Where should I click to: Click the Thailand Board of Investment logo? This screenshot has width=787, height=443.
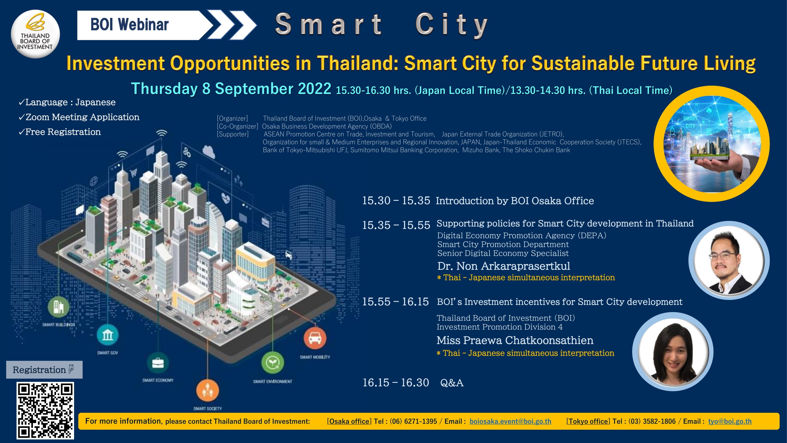click(35, 34)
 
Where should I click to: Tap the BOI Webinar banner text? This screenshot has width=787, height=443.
click(130, 25)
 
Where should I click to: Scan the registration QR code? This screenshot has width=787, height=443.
click(45, 410)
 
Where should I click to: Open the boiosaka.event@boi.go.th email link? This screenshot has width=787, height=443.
click(510, 421)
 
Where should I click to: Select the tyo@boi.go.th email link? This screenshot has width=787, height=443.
click(729, 421)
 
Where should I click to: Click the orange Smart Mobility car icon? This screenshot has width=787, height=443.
click(315, 338)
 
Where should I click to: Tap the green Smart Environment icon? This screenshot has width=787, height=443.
click(273, 363)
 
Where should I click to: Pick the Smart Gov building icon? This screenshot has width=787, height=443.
click(107, 335)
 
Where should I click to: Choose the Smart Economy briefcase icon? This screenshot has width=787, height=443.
click(158, 363)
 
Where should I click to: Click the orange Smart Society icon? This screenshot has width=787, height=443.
click(207, 390)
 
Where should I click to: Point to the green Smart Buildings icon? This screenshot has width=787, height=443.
click(58, 307)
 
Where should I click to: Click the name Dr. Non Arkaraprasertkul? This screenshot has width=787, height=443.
click(503, 266)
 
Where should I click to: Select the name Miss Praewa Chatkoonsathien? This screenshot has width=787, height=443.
click(515, 340)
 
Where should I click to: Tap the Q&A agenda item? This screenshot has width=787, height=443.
click(451, 383)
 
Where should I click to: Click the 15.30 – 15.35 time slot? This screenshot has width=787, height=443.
click(396, 201)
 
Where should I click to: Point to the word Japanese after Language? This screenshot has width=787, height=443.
click(95, 102)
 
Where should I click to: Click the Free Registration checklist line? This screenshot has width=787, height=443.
click(60, 132)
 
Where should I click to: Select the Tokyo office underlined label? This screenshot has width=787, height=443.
click(588, 421)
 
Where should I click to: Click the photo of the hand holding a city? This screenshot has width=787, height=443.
click(711, 144)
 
